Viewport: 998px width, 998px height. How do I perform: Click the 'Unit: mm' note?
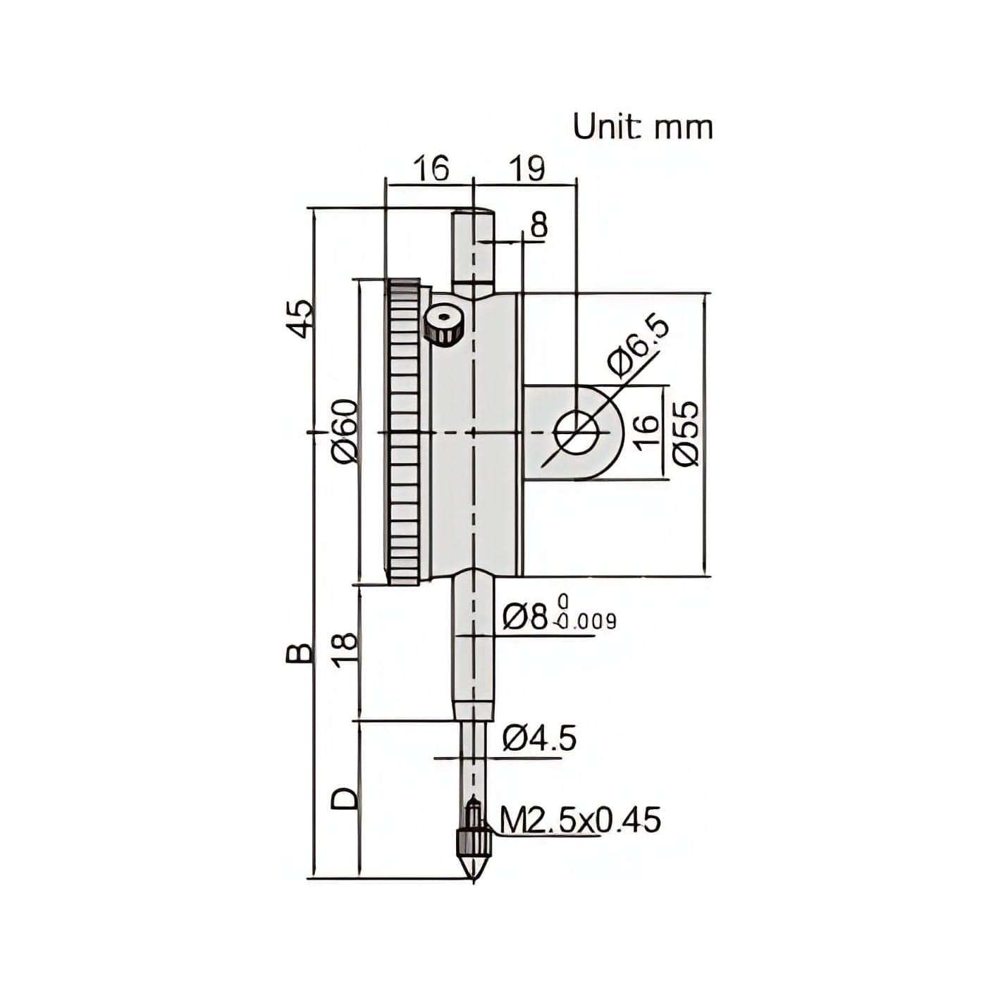click(642, 128)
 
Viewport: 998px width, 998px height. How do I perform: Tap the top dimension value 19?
click(526, 169)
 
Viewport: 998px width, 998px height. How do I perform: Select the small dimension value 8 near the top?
click(538, 226)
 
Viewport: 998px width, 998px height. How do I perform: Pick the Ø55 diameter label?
click(686, 433)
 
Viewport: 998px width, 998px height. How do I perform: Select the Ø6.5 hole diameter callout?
click(636, 346)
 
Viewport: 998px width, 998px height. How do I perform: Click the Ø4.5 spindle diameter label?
click(539, 739)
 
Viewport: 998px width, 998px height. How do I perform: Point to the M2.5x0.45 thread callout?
click(580, 820)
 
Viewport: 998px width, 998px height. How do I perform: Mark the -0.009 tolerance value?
click(586, 622)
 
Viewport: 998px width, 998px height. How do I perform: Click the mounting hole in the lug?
click(576, 432)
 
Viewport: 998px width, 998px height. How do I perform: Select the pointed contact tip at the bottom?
click(474, 865)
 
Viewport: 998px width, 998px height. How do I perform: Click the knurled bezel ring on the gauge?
click(404, 431)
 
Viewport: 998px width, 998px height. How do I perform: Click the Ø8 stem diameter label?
click(525, 617)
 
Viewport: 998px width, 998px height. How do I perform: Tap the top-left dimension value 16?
click(430, 169)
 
